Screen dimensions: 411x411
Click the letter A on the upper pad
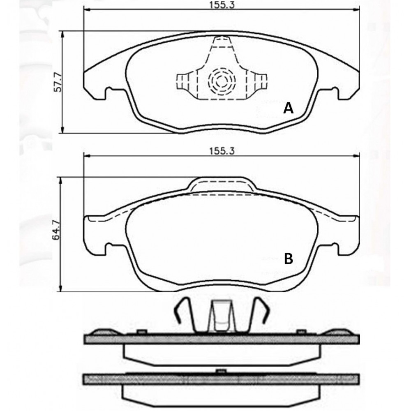289,108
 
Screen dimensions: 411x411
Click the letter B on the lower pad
289,259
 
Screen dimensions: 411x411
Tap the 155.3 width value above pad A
222,5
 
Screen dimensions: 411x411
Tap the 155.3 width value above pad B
222,151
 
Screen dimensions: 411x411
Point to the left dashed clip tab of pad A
183,81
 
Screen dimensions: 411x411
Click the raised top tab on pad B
222,183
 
